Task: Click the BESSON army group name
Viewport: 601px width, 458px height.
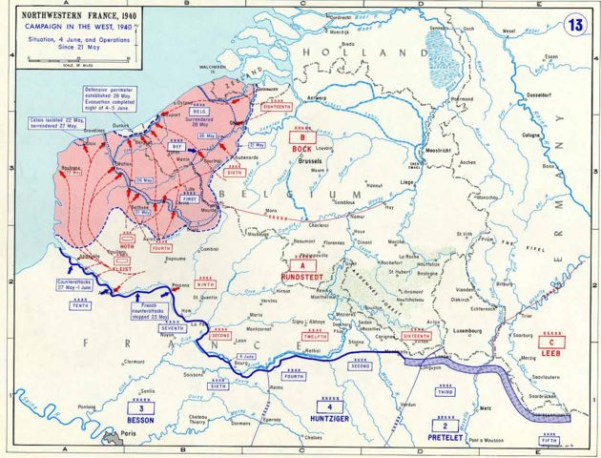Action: tap(139, 418)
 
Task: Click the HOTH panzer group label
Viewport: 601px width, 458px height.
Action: tap(126, 244)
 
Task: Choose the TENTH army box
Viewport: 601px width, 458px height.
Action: tap(80, 305)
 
